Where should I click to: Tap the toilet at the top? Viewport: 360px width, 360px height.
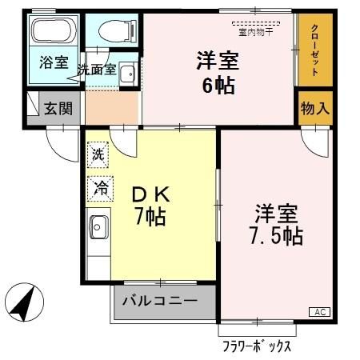click(x=111, y=30)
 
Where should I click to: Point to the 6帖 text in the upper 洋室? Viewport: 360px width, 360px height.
click(x=218, y=84)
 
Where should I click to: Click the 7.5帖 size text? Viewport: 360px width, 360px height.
click(x=276, y=236)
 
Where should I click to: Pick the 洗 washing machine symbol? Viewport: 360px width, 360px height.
click(x=98, y=152)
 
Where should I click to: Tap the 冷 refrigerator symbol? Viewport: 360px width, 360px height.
click(x=101, y=188)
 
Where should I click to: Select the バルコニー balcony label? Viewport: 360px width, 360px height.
click(x=160, y=302)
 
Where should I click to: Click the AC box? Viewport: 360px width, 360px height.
click(x=318, y=312)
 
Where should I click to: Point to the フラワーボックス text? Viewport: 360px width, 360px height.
click(x=257, y=347)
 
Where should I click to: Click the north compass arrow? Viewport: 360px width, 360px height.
click(x=22, y=305)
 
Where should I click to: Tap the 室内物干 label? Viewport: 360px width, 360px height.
click(x=255, y=32)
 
